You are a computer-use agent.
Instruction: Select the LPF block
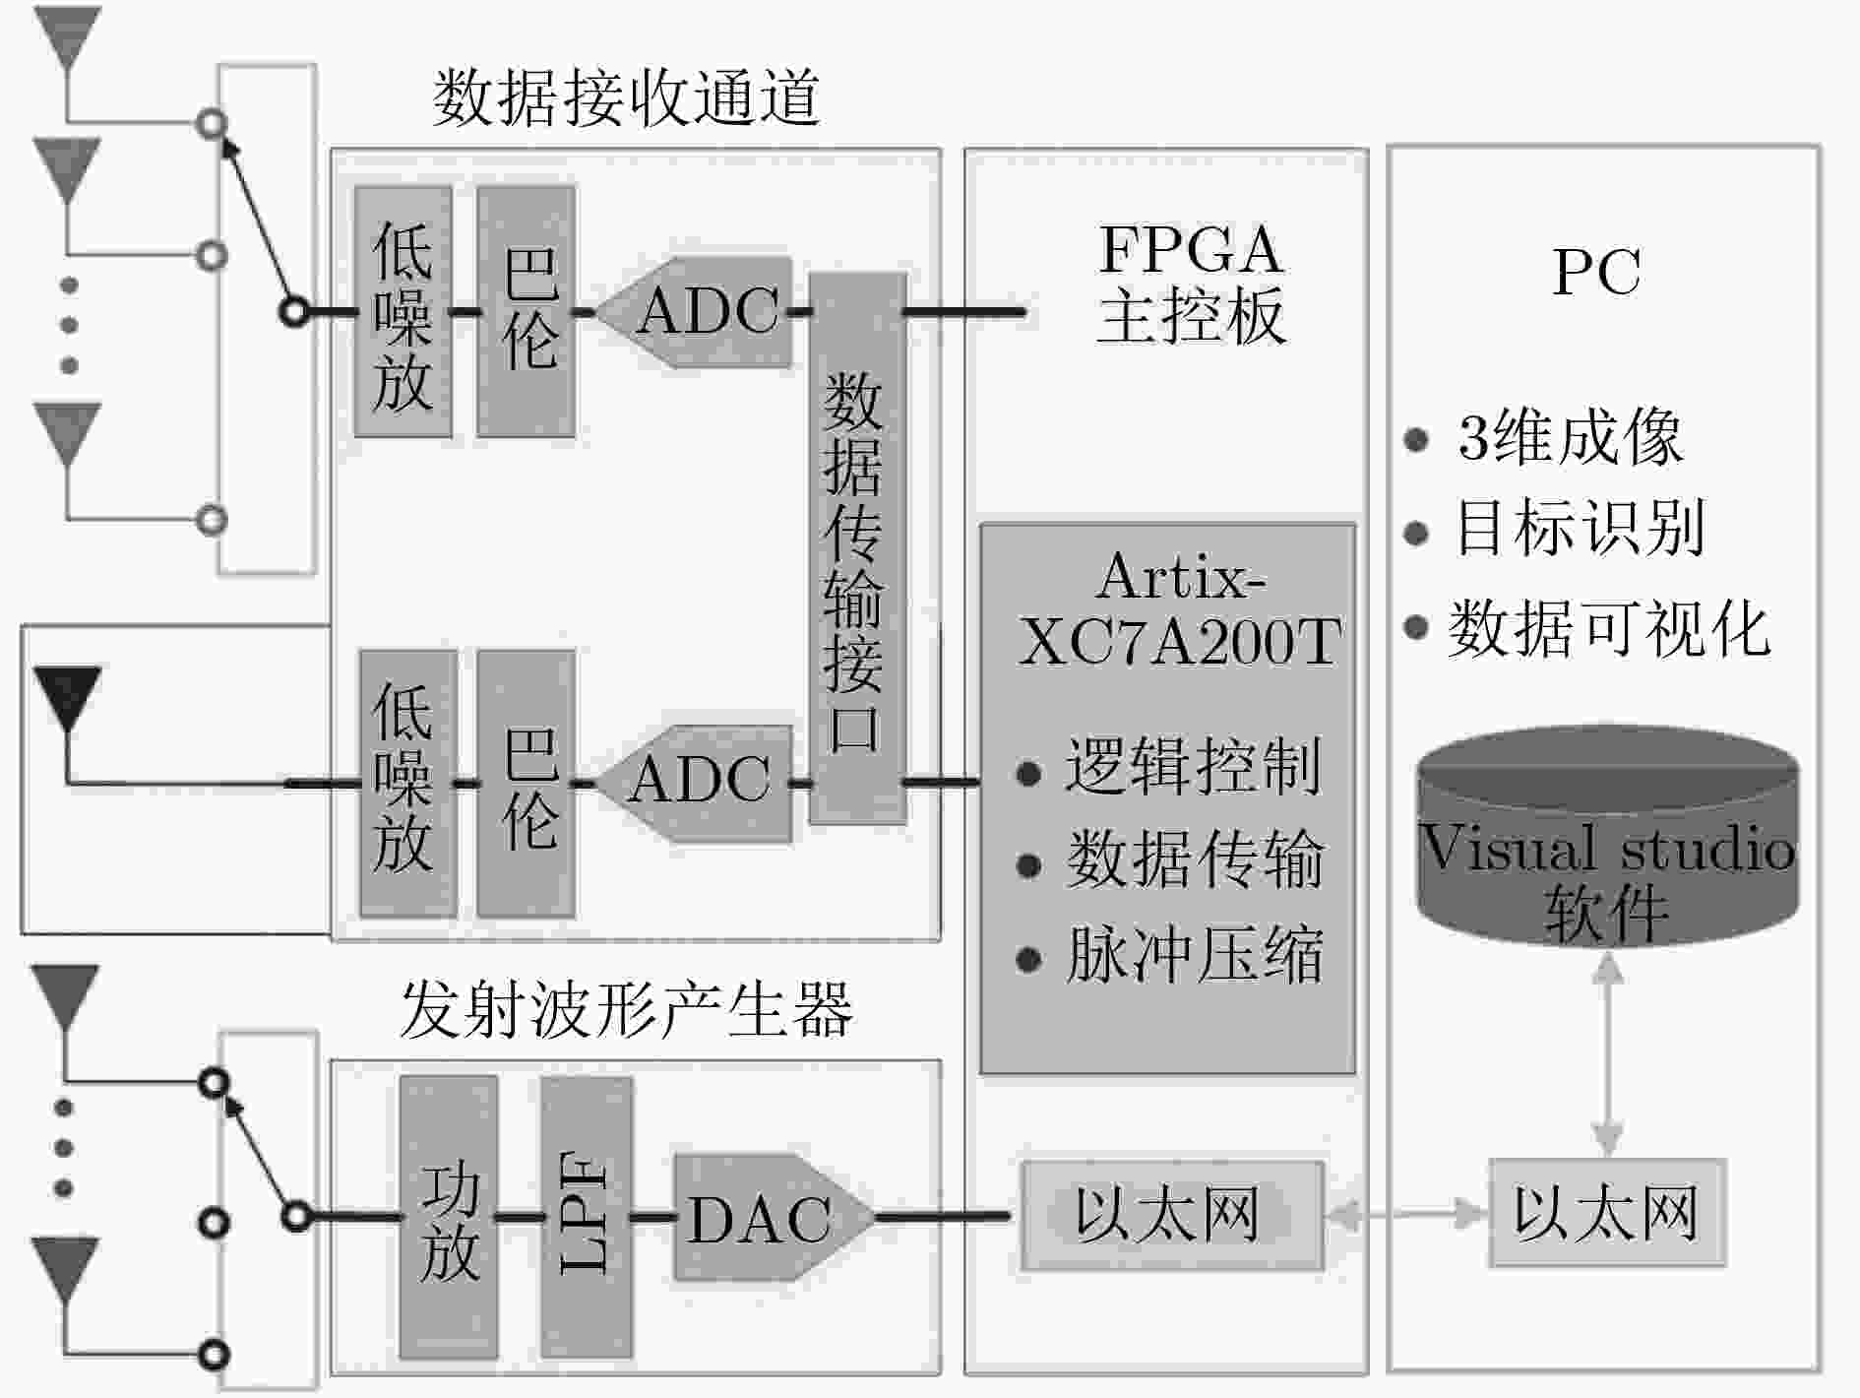point(587,1217)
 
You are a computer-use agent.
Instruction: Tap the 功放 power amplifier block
point(449,1217)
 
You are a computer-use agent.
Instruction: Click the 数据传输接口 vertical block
point(857,548)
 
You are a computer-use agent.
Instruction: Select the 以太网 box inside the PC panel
point(1607,1213)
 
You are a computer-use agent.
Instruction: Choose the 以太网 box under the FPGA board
point(1172,1215)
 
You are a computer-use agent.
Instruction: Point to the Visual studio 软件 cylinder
point(1608,837)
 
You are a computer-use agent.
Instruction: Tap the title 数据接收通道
point(626,98)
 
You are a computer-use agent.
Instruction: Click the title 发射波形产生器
point(626,1010)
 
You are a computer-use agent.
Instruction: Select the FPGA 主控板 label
point(1191,284)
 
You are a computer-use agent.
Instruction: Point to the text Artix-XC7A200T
point(1179,609)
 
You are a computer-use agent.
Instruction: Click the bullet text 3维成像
point(1570,437)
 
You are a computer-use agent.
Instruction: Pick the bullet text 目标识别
point(1580,529)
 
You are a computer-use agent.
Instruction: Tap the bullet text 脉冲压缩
point(1195,955)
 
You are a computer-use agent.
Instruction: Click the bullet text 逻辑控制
point(1193,767)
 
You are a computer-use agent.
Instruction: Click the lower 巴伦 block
point(527,783)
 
